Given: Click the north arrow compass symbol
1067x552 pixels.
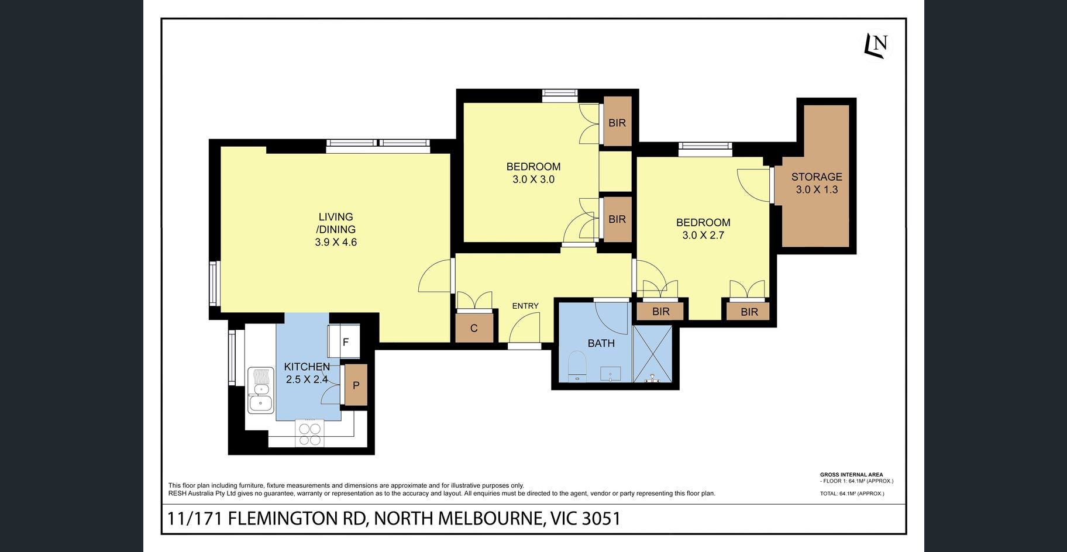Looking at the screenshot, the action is tap(877, 44).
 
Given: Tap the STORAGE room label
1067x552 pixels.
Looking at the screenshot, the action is tap(817, 177).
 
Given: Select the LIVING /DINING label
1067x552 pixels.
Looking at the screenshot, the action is tap(336, 223).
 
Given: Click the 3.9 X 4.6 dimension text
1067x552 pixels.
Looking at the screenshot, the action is tap(336, 242).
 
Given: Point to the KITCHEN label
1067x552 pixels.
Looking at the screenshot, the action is tap(307, 367).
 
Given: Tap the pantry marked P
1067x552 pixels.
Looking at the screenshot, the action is tap(356, 385).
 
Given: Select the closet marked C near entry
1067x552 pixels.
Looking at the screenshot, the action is tap(474, 327).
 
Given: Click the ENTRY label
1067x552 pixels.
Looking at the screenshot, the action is tap(525, 306).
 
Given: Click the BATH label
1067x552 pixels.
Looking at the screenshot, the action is tap(601, 343).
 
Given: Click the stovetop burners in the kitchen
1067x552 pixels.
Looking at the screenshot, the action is tap(310, 433).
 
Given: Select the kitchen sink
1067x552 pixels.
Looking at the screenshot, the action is tap(260, 390).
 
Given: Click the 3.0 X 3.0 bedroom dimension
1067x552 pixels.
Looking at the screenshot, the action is tap(533, 180).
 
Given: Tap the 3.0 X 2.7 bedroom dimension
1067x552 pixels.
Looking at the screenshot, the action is tap(703, 235).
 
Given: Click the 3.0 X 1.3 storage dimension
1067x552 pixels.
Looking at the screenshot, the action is tap(817, 189).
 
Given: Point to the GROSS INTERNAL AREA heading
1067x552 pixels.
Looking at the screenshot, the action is tap(851, 475).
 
